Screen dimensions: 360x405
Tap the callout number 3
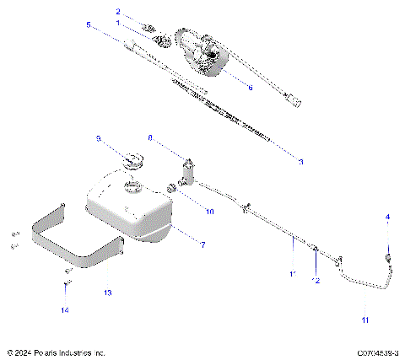[300, 160]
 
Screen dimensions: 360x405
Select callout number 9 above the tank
[98, 137]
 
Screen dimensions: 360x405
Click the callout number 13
[107, 293]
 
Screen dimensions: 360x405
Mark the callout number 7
[202, 244]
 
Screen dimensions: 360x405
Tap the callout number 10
[210, 211]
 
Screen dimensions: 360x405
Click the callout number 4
[388, 217]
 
